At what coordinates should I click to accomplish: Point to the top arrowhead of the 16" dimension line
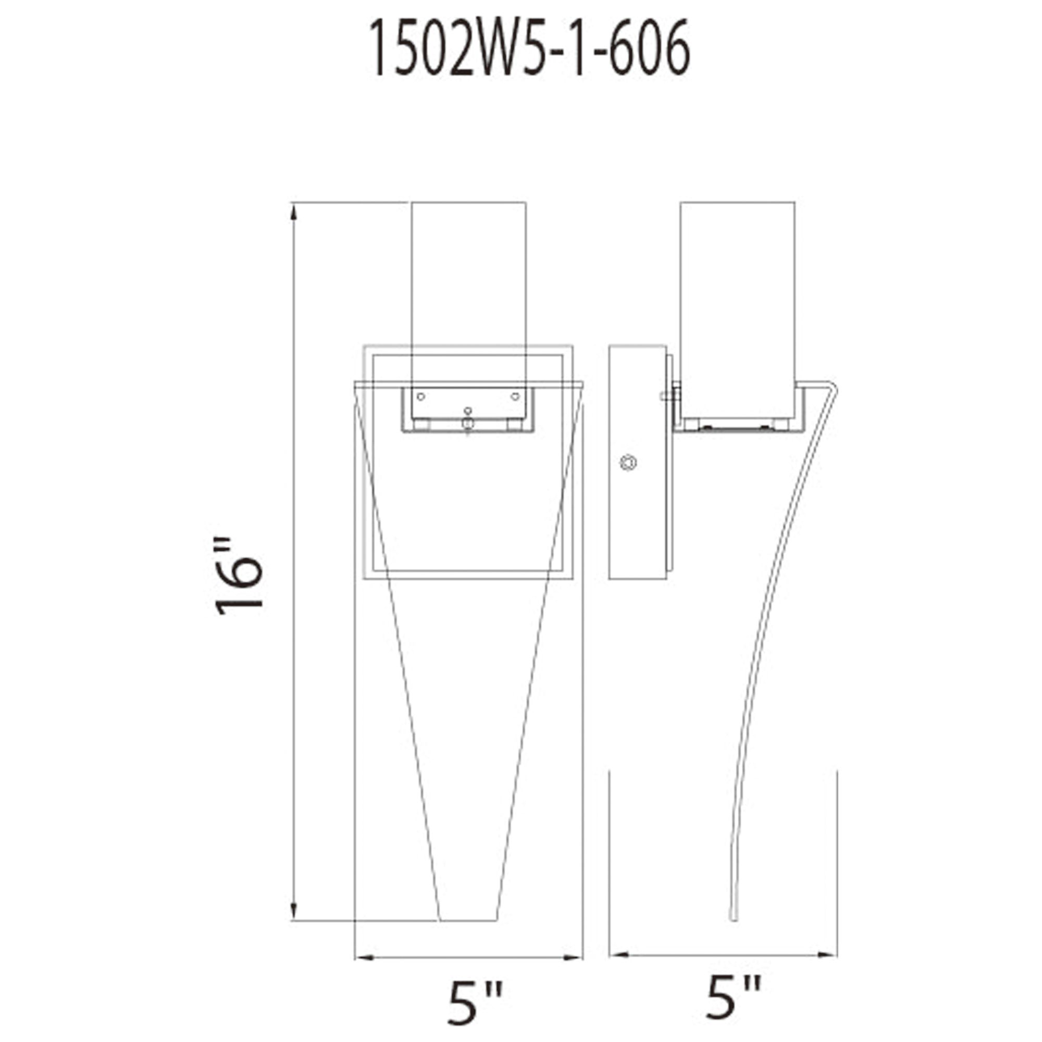[293, 214]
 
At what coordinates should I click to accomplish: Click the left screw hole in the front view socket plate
[421, 397]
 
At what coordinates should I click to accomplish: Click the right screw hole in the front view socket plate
[515, 397]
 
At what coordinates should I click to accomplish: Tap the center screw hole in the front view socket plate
[468, 411]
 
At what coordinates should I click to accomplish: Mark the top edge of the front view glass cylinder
[468, 203]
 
